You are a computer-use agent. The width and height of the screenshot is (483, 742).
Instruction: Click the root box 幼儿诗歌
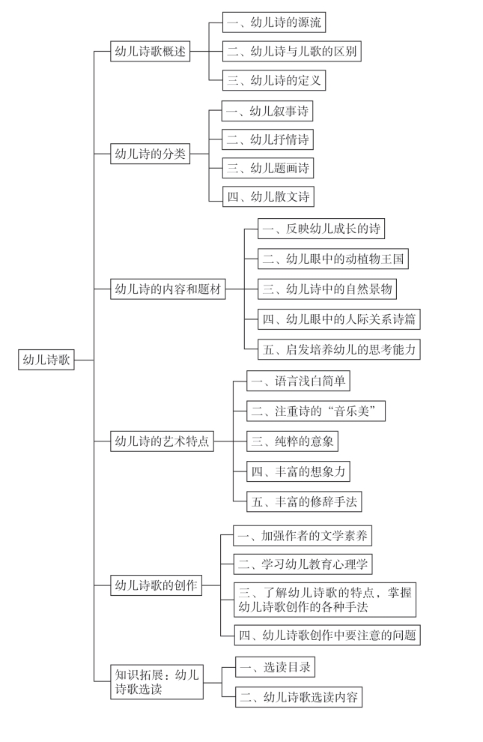[46, 360]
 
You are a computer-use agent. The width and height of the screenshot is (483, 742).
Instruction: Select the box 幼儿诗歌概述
[151, 51]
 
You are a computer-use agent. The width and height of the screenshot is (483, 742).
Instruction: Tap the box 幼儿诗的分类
[151, 154]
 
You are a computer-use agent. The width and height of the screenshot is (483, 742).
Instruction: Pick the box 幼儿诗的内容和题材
[168, 289]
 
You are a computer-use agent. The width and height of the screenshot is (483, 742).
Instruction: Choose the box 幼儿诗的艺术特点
[162, 441]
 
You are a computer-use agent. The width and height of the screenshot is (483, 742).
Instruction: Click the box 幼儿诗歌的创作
[156, 585]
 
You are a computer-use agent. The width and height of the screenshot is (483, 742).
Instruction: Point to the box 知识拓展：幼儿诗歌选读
[157, 682]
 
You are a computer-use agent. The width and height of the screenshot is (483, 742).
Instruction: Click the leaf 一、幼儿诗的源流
[274, 22]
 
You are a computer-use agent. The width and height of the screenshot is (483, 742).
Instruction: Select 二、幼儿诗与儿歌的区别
[292, 51]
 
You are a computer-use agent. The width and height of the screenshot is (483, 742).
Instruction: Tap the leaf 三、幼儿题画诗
[268, 168]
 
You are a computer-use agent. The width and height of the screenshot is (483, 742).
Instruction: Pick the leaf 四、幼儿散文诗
[268, 197]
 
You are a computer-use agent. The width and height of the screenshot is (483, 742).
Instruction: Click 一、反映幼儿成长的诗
[321, 229]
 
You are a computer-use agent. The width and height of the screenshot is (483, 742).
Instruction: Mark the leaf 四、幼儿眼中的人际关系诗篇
[339, 319]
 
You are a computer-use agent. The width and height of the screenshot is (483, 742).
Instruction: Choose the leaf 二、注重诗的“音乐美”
[316, 411]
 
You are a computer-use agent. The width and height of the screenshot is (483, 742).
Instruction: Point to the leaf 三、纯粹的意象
[293, 441]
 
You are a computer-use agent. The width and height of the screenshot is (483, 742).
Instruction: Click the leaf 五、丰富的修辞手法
[304, 501]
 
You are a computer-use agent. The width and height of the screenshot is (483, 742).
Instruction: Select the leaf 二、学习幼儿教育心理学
[303, 564]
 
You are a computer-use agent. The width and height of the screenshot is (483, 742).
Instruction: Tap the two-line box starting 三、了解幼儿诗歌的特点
[325, 600]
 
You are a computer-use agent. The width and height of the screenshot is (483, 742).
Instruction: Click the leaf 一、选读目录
[275, 667]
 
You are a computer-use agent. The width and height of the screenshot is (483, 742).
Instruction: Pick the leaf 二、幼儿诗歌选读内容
[299, 696]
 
